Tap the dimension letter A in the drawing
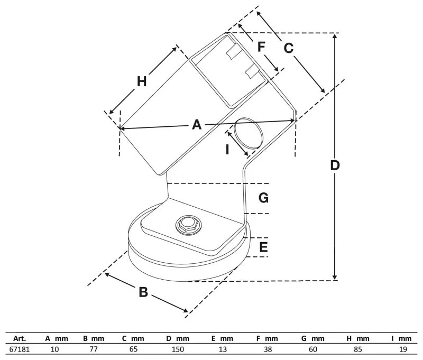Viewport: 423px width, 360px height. pos(197,125)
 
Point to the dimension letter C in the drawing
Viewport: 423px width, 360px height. pos(288,48)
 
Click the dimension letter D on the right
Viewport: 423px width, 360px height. pos(334,165)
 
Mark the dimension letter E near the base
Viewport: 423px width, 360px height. pos(263,247)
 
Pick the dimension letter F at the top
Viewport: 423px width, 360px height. pos(261,47)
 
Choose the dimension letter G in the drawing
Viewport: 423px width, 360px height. pos(263,198)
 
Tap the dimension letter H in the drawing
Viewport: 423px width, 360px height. pos(141,81)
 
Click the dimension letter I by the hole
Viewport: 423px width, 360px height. pos(227,150)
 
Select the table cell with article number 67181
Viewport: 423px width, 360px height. pos(20,349)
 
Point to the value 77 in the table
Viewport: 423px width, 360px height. pos(94,349)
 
